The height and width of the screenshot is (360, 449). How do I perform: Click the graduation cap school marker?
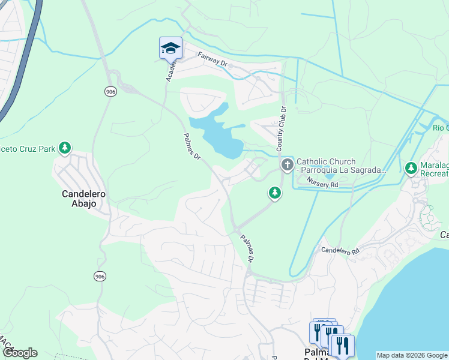170,47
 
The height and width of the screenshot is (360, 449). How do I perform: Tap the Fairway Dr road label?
213,59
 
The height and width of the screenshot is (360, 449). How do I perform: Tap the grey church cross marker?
287,164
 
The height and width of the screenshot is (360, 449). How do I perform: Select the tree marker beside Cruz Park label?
65,148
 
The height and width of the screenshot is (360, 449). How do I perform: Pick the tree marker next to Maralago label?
411,169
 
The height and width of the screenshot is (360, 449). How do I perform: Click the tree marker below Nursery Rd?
274,193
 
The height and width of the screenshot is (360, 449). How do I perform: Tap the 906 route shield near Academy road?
110,91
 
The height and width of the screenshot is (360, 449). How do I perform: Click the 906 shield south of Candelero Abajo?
100,276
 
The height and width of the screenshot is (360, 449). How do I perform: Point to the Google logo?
20,353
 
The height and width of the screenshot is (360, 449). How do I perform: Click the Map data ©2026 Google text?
412,355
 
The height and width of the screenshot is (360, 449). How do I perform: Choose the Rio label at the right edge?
440,127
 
